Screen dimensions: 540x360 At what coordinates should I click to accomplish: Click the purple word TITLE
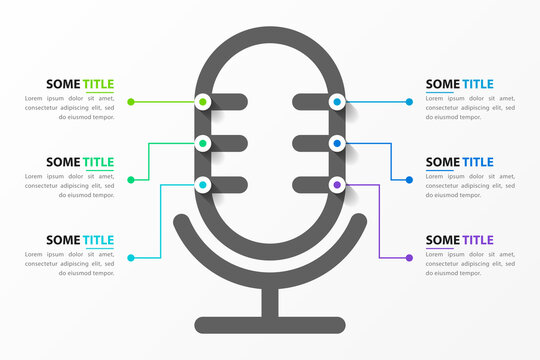click(476, 240)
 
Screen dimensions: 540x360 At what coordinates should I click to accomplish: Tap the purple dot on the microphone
click(337, 185)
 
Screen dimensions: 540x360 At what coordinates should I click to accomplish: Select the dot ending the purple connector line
click(409, 258)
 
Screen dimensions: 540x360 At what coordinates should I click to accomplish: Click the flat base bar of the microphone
click(270, 325)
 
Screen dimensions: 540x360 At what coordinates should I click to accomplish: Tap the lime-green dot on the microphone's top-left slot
click(203, 101)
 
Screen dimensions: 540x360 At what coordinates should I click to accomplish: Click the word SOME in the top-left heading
click(62, 84)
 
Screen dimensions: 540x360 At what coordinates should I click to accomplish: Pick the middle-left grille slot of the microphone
click(225, 143)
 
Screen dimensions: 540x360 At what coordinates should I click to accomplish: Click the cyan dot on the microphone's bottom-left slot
click(203, 185)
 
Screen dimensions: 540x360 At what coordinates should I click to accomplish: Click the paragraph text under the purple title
click(470, 264)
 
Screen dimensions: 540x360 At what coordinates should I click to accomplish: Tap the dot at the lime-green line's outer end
click(131, 102)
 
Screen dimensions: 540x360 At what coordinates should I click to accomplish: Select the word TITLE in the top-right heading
click(476, 84)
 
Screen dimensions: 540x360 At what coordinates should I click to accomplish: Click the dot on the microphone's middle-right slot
click(337, 144)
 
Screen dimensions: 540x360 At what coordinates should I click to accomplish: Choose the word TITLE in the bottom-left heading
click(98, 240)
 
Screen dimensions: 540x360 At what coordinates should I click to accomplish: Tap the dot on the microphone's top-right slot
click(337, 101)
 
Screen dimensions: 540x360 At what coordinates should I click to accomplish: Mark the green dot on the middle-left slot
click(203, 143)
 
